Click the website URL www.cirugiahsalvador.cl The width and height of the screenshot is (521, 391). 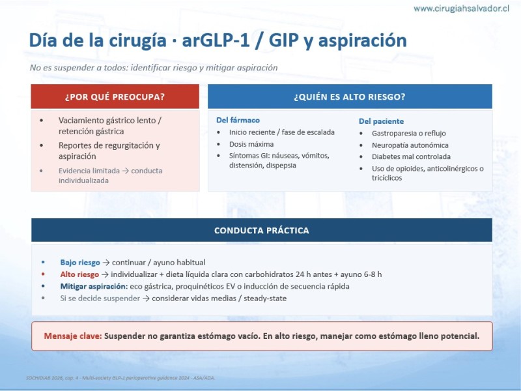pyautogui.click(x=461, y=8)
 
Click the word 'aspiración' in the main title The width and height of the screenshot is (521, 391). pyautogui.click(x=363, y=40)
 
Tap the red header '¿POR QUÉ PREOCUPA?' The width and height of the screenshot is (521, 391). pyautogui.click(x=115, y=96)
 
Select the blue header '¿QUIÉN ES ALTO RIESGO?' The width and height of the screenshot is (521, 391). pyautogui.click(x=350, y=96)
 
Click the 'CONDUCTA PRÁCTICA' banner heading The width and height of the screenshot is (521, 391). pyautogui.click(x=262, y=231)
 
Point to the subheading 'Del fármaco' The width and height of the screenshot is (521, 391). pyautogui.click(x=238, y=120)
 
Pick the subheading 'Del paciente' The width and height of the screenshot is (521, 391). pyautogui.click(x=381, y=121)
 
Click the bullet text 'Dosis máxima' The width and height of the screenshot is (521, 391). pyautogui.click(x=251, y=144)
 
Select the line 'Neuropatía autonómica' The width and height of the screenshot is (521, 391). pyautogui.click(x=410, y=145)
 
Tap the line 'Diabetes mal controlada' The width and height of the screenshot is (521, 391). pyautogui.click(x=411, y=156)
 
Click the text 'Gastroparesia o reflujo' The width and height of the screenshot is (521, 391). pyautogui.click(x=409, y=134)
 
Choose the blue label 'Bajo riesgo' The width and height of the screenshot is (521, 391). pyautogui.click(x=80, y=263)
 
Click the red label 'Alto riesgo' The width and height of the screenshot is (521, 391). pyautogui.click(x=79, y=274)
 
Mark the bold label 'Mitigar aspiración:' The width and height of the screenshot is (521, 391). pyautogui.click(x=94, y=286)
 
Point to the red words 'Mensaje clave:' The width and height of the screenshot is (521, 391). pyautogui.click(x=73, y=336)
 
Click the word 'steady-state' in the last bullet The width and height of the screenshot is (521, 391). pyautogui.click(x=265, y=298)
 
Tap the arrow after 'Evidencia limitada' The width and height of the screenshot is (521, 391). pyautogui.click(x=125, y=171)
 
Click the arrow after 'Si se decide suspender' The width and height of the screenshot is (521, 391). pyautogui.click(x=146, y=298)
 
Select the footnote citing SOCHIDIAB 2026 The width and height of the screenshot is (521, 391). pyautogui.click(x=120, y=378)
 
